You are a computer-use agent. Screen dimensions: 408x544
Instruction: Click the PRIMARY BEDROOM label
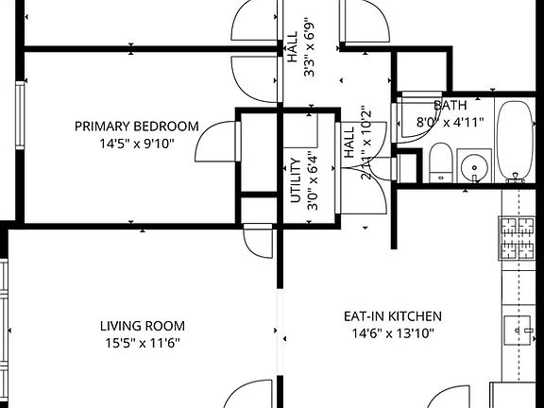137,127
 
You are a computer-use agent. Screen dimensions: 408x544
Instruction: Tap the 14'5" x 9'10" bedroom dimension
137,144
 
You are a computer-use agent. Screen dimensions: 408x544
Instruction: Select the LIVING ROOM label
140,327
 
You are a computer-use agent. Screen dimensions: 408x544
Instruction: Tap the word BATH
449,105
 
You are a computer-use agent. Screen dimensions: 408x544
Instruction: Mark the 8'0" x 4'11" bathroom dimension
449,120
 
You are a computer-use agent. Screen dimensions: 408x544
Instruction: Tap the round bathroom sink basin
473,167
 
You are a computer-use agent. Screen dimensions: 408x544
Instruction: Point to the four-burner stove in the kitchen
518,238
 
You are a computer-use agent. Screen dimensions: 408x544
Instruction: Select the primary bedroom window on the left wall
19,111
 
